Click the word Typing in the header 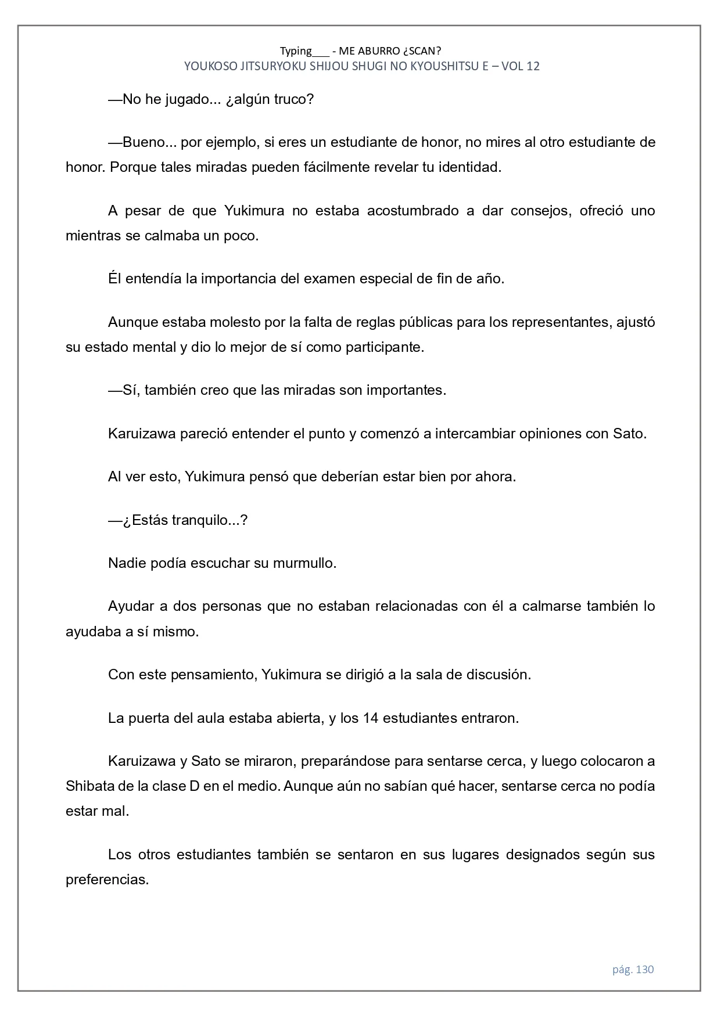296,51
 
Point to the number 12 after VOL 533,66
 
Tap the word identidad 468,168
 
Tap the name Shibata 90,786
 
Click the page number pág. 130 633,970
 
